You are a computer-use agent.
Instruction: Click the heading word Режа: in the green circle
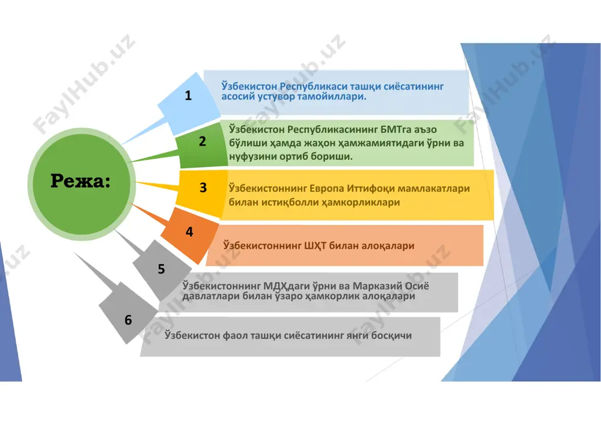pos(81,180)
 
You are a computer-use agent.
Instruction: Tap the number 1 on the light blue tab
pos(188,96)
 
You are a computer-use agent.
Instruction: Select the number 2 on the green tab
pos(203,141)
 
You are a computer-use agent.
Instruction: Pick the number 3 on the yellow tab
pos(203,188)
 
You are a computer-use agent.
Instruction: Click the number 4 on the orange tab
pos(189,231)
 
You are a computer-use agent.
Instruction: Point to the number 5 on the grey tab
pos(161,269)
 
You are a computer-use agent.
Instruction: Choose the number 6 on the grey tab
pos(128,320)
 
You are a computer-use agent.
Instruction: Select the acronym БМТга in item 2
pos(394,129)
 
